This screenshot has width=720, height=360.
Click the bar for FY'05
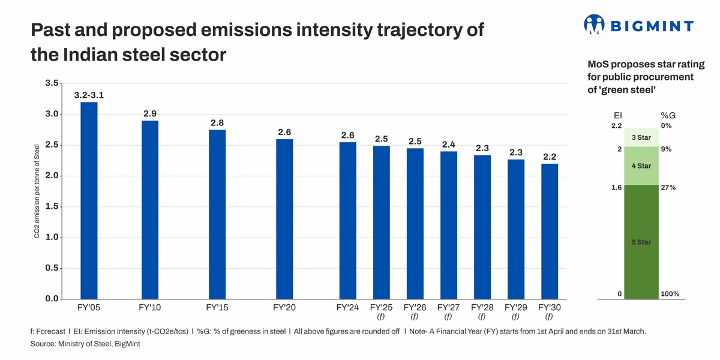point(89,201)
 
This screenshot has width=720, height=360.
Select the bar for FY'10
point(150,210)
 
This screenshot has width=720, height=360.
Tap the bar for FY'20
point(284,219)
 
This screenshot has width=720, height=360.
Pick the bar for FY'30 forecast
point(549,232)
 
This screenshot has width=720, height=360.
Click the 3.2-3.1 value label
point(89,95)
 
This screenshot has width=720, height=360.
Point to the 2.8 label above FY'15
point(217,122)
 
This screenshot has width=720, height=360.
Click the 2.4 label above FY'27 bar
point(448,144)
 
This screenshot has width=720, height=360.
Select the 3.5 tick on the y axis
point(52,83)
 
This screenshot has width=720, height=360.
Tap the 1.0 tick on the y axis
point(52,238)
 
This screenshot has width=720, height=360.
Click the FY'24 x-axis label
point(347,308)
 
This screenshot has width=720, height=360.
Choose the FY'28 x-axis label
point(482,308)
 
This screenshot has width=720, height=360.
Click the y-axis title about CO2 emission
point(37,191)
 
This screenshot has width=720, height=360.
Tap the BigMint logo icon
point(593,25)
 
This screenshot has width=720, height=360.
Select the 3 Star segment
point(641,137)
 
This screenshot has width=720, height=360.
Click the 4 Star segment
point(641,165)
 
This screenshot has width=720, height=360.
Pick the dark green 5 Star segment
point(641,242)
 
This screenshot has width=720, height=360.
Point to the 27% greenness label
point(668,188)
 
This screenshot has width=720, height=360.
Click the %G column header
point(668,115)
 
